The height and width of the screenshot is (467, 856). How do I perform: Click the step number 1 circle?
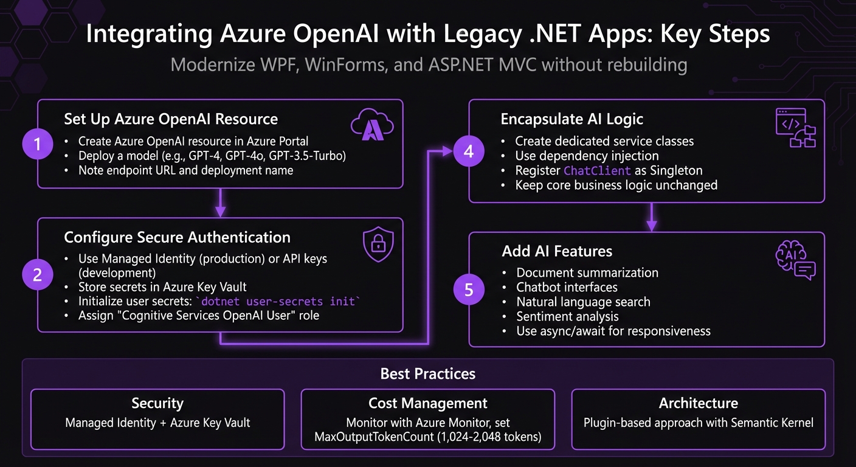pyautogui.click(x=38, y=144)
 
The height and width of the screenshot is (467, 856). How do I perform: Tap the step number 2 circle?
pyautogui.click(x=38, y=275)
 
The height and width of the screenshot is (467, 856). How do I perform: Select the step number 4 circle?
pyautogui.click(x=469, y=151)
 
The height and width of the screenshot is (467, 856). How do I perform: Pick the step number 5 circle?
pyautogui.click(x=469, y=289)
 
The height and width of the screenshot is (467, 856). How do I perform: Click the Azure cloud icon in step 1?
pyautogui.click(x=372, y=125)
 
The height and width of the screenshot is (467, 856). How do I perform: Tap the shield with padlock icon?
pyautogui.click(x=378, y=244)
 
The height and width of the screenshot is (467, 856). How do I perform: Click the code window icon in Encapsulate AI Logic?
pyautogui.click(x=795, y=128)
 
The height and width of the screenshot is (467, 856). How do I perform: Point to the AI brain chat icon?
pyautogui.click(x=795, y=261)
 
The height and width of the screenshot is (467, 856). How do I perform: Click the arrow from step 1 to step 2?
pyautogui.click(x=220, y=202)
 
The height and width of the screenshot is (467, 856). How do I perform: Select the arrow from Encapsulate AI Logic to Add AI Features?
pyautogui.click(x=651, y=217)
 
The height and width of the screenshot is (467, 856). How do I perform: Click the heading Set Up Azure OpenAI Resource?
pyautogui.click(x=171, y=119)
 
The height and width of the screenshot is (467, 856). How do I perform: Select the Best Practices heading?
pyautogui.click(x=428, y=373)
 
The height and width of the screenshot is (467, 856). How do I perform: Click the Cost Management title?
pyautogui.click(x=428, y=403)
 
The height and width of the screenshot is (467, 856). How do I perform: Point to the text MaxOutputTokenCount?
pyautogui.click(x=376, y=437)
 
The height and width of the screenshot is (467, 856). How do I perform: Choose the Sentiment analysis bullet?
pyautogui.click(x=567, y=316)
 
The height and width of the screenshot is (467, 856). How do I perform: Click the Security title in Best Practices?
pyautogui.click(x=157, y=403)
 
